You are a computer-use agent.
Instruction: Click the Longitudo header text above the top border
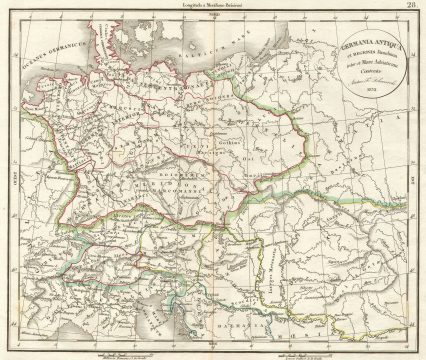click(x=212, y=6)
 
